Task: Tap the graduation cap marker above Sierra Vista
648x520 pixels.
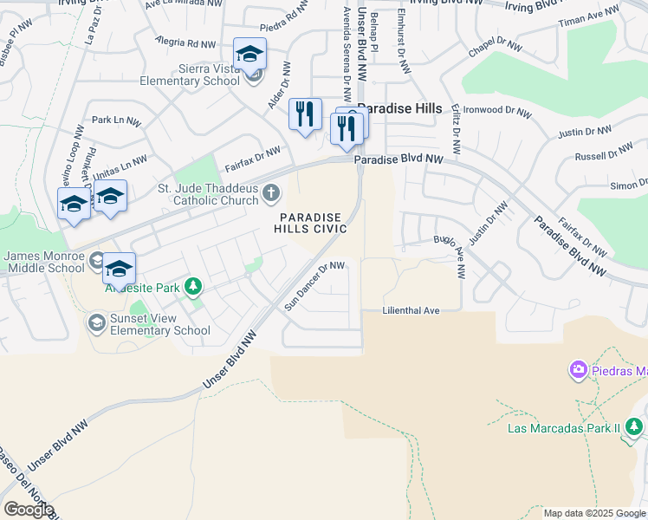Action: (x=249, y=55)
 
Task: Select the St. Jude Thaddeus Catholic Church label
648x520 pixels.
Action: (x=208, y=194)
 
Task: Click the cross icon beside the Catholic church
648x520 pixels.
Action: (x=271, y=192)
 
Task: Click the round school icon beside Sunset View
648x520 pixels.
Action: (x=96, y=323)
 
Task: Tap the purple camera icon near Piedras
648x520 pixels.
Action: (x=578, y=371)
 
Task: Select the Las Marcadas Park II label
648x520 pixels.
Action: (x=564, y=427)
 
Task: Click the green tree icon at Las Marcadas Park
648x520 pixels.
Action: (x=634, y=426)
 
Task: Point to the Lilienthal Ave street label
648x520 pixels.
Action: (x=411, y=310)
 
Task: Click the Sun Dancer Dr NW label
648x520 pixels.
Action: (x=315, y=285)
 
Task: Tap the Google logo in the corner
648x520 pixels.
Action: (x=28, y=509)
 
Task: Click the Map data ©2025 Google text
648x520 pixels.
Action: (x=593, y=513)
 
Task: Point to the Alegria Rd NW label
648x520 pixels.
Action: (x=185, y=42)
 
